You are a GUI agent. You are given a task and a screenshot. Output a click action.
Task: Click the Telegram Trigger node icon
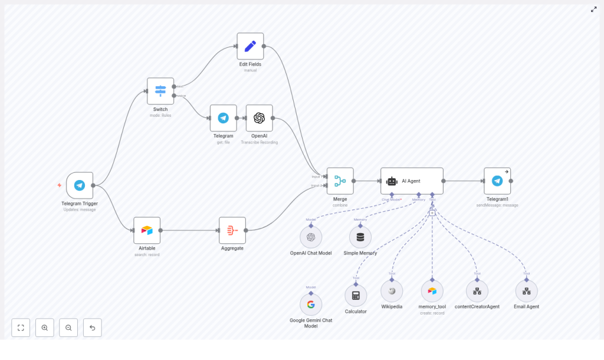pyautogui.click(x=80, y=185)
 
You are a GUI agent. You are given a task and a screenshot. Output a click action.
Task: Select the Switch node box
pyautogui.click(x=160, y=91)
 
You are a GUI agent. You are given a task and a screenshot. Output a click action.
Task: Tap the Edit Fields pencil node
pyautogui.click(x=250, y=46)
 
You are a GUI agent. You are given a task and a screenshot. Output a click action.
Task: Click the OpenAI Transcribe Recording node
pyautogui.click(x=259, y=118)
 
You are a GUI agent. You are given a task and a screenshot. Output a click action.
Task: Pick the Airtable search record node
pyautogui.click(x=147, y=230)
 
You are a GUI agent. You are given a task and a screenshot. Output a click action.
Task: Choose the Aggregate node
pyautogui.click(x=232, y=230)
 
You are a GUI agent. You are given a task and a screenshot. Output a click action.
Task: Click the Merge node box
pyautogui.click(x=340, y=181)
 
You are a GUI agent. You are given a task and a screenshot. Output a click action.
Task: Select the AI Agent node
pyautogui.click(x=412, y=181)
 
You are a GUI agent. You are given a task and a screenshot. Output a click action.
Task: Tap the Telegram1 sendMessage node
pyautogui.click(x=497, y=181)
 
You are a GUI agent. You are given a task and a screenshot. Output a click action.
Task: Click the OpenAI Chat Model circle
pyautogui.click(x=311, y=237)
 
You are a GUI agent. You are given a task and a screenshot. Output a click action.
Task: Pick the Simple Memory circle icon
pyautogui.click(x=360, y=237)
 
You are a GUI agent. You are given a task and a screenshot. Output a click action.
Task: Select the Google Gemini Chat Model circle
pyautogui.click(x=311, y=305)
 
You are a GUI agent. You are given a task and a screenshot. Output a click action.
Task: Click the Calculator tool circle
pyautogui.click(x=356, y=295)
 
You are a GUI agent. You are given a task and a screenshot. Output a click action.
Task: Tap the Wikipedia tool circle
pyautogui.click(x=392, y=291)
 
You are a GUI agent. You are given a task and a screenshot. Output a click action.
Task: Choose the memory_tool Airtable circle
pyautogui.click(x=432, y=291)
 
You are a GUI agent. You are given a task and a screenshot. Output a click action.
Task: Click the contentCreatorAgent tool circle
pyautogui.click(x=477, y=291)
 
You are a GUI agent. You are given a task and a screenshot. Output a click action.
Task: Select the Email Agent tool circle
pyautogui.click(x=527, y=291)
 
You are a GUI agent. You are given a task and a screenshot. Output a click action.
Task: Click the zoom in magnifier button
pyautogui.click(x=45, y=328)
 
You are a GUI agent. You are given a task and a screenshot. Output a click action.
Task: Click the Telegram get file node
pyautogui.click(x=224, y=118)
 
